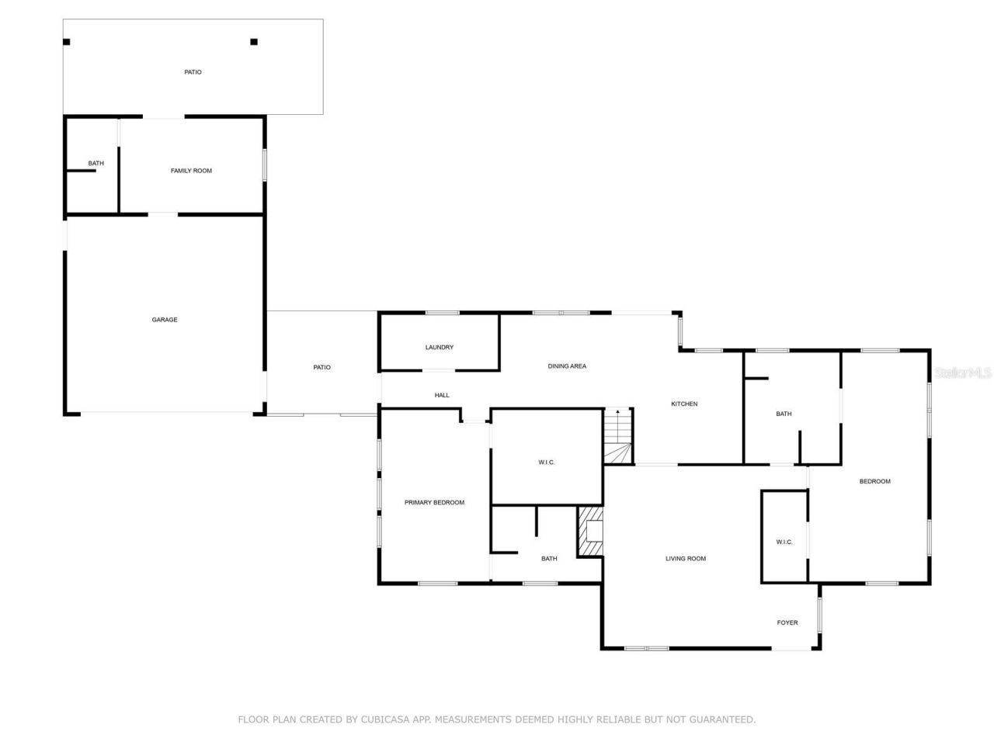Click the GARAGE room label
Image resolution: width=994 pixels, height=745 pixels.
[x=164, y=320]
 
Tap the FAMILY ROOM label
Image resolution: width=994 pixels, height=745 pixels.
[x=191, y=171]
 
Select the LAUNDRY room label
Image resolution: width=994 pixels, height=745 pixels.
[x=439, y=348]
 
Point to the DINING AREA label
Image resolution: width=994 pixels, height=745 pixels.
[x=567, y=366]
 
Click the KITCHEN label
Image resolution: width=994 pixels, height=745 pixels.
[x=684, y=404]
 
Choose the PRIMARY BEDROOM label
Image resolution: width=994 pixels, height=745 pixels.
[x=434, y=503]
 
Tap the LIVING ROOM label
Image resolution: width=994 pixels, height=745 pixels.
[x=685, y=559]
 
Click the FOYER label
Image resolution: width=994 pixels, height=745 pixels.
[x=787, y=622]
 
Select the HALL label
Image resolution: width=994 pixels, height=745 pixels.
[x=442, y=396]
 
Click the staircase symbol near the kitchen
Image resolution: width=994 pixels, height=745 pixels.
[x=619, y=436]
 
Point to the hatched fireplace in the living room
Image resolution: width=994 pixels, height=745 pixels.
[x=590, y=532]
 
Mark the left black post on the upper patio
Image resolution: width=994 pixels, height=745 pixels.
[x=67, y=42]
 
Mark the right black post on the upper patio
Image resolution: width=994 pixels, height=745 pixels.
[x=254, y=42]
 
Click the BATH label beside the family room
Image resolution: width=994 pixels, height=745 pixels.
[x=96, y=164]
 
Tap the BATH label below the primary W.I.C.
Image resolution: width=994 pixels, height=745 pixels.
[x=549, y=559]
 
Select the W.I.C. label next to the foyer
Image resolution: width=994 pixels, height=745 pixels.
[x=784, y=542]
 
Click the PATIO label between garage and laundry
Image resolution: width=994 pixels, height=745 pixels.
[x=321, y=367]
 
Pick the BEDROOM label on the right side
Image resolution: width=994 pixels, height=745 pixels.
[x=874, y=482]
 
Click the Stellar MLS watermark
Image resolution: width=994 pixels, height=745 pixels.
[x=963, y=373]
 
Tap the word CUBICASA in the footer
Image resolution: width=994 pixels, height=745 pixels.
[x=380, y=719]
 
